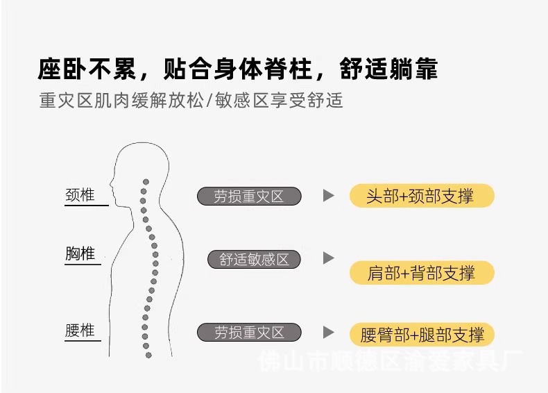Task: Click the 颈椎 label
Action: [x=80, y=195]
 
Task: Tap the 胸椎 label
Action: [x=80, y=254]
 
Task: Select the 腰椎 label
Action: [x=80, y=331]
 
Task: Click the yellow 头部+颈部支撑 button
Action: [x=420, y=196]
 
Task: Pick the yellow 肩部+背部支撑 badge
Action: [x=420, y=273]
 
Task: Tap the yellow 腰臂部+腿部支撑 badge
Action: [x=422, y=335]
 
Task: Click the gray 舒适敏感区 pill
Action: [x=254, y=260]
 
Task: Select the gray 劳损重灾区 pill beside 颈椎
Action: [x=249, y=196]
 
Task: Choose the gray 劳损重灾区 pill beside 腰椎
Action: [x=249, y=333]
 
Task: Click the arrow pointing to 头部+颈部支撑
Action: [x=329, y=196]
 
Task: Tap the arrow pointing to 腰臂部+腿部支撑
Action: [x=329, y=333]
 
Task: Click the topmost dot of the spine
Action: [x=145, y=182]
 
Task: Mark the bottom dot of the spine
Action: [x=148, y=353]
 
